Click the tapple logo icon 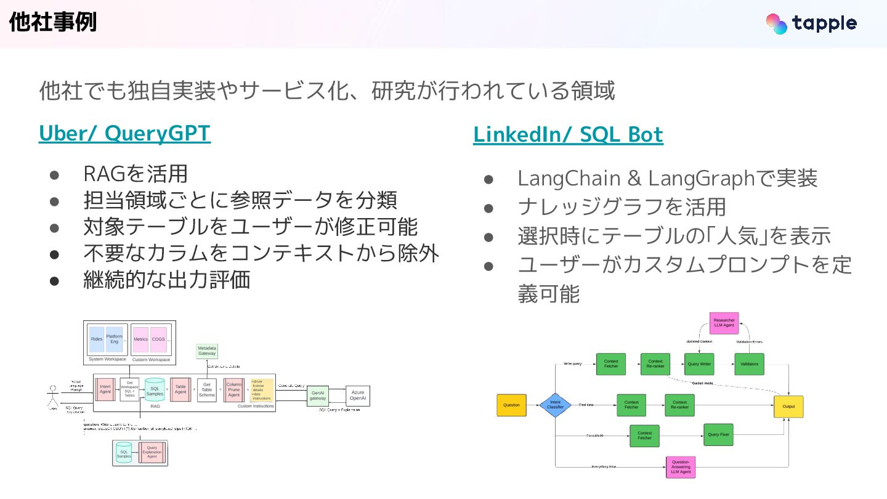tap(776, 23)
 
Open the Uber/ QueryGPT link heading tap(124, 134)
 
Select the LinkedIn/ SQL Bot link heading tap(568, 135)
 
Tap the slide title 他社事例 tap(53, 23)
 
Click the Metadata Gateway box tap(207, 351)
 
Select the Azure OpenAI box tap(357, 396)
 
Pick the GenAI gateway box tap(318, 396)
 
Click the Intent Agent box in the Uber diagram tap(105, 389)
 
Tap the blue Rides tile tap(97, 339)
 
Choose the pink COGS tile tap(158, 339)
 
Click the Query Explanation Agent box tap(152, 453)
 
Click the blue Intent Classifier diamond tap(556, 405)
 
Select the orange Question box tap(512, 405)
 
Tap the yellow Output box tap(788, 407)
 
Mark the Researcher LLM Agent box tap(724, 323)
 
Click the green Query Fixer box tap(718, 435)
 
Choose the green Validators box tap(749, 364)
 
